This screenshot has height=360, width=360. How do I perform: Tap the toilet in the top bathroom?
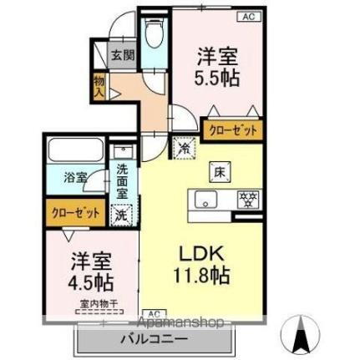153,38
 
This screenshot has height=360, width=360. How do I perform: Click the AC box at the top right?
249,15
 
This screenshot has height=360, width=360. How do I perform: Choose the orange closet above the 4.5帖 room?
74,213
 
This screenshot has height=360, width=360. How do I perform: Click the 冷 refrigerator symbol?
183,148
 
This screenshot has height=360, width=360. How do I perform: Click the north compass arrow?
301,337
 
